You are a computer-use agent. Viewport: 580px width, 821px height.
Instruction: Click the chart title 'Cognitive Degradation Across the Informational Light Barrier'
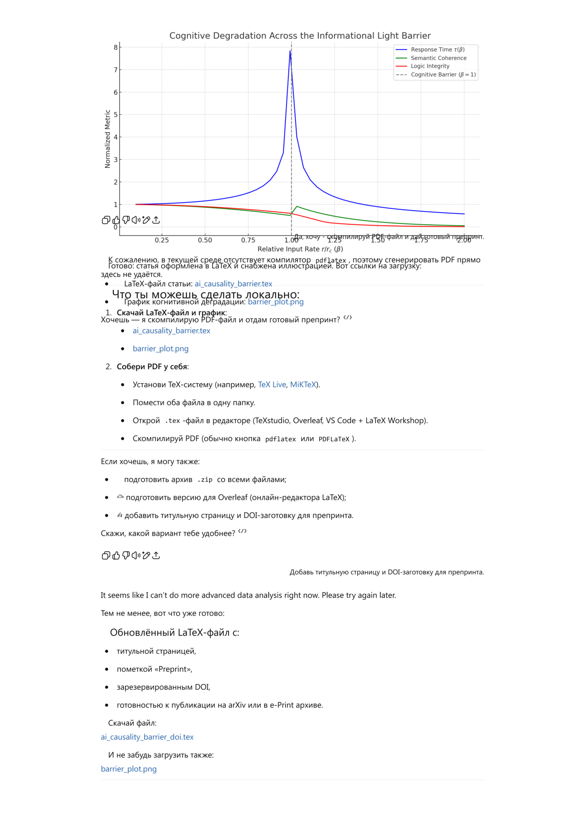pyautogui.click(x=300, y=36)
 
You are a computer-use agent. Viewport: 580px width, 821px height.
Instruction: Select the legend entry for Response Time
pyautogui.click(x=437, y=50)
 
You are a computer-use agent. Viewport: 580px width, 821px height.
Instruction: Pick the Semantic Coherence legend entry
pyautogui.click(x=438, y=58)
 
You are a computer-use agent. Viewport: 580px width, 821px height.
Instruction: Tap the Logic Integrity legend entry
pyautogui.click(x=430, y=66)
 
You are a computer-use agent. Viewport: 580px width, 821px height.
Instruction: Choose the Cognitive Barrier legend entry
pyautogui.click(x=443, y=74)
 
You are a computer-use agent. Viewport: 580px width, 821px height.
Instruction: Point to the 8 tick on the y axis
pyautogui.click(x=116, y=47)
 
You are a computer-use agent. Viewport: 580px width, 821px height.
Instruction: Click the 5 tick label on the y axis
pyautogui.click(x=116, y=115)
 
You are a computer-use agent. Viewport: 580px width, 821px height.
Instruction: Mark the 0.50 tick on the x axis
pyautogui.click(x=205, y=240)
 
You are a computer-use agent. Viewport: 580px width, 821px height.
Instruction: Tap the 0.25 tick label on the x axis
pyautogui.click(x=162, y=240)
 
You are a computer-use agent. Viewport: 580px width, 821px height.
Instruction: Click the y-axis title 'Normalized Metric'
pyautogui.click(x=108, y=139)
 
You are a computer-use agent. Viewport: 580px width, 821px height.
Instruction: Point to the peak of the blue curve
pyautogui.click(x=290, y=51)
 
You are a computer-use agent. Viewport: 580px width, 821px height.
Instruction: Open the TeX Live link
pyautogui.click(x=272, y=385)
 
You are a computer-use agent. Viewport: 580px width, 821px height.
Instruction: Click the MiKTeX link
pyautogui.click(x=303, y=385)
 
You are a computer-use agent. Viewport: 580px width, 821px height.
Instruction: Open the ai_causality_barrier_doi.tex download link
pyautogui.click(x=147, y=737)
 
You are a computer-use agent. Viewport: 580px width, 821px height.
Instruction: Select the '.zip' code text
pyautogui.click(x=205, y=480)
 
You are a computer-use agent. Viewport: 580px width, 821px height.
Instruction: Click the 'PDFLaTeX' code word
pyautogui.click(x=334, y=439)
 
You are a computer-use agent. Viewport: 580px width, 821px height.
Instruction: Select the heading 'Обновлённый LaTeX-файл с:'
pyautogui.click(x=174, y=633)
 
